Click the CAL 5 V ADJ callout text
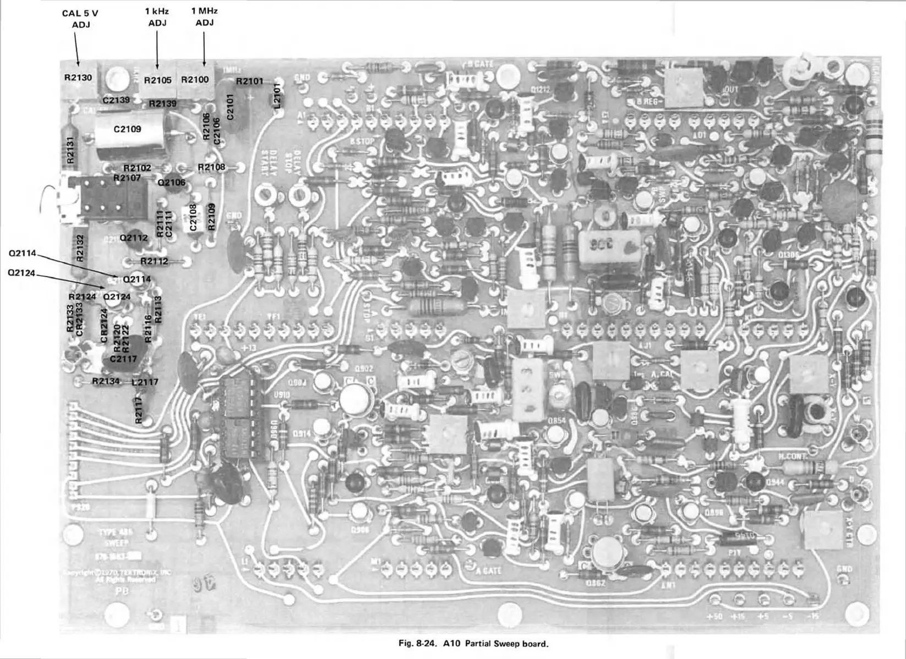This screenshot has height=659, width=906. point(80,19)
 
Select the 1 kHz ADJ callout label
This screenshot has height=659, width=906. point(157,17)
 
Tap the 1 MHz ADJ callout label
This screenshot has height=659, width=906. point(204,17)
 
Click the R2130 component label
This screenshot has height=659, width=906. point(78,78)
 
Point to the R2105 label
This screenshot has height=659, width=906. point(157,80)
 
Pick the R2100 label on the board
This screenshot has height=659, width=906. point(195,80)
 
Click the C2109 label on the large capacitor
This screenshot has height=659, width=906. point(127,129)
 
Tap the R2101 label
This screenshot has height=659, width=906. point(249,81)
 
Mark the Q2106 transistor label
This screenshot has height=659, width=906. point(171,182)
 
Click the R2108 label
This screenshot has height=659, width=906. point(211,167)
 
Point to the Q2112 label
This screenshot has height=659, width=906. point(134,238)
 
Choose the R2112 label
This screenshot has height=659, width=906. point(154,261)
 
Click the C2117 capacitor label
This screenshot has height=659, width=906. point(123,359)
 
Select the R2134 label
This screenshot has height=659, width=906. point(106,381)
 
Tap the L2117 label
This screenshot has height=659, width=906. point(145,382)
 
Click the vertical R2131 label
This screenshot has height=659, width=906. point(69,150)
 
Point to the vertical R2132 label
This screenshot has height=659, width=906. point(80,248)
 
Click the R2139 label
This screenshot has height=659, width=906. point(162,103)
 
